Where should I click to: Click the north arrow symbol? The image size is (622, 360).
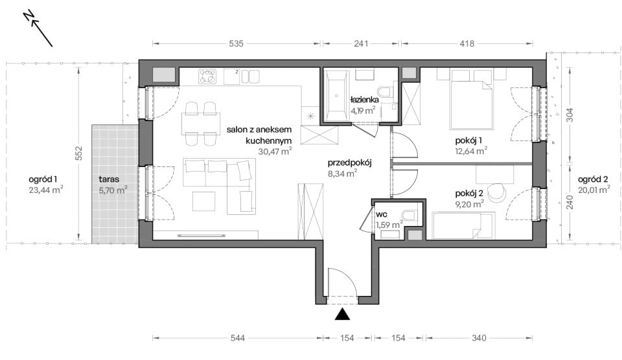[x=38, y=28]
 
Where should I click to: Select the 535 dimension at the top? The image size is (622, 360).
[x=236, y=43]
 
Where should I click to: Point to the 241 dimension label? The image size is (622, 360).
[x=361, y=43]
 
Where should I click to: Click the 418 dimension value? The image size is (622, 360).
[x=467, y=43]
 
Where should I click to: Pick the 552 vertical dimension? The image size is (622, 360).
[x=78, y=153]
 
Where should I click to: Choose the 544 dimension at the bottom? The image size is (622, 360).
[x=237, y=338]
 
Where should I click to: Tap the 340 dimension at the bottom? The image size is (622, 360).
[x=479, y=338]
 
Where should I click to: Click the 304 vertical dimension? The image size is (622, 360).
[x=570, y=115]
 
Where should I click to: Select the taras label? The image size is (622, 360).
[x=109, y=179]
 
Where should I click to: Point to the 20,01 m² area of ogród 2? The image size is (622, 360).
[x=594, y=190]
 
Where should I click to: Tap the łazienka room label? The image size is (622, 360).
[x=364, y=100]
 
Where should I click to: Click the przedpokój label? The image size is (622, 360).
[x=349, y=163]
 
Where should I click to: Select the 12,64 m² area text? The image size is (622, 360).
[x=471, y=151]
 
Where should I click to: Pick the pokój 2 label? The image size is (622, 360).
[x=469, y=194]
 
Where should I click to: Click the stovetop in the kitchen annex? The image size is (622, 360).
[x=208, y=76]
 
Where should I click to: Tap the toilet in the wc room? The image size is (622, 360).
[x=409, y=215]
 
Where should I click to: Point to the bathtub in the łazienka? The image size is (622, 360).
[x=336, y=96]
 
